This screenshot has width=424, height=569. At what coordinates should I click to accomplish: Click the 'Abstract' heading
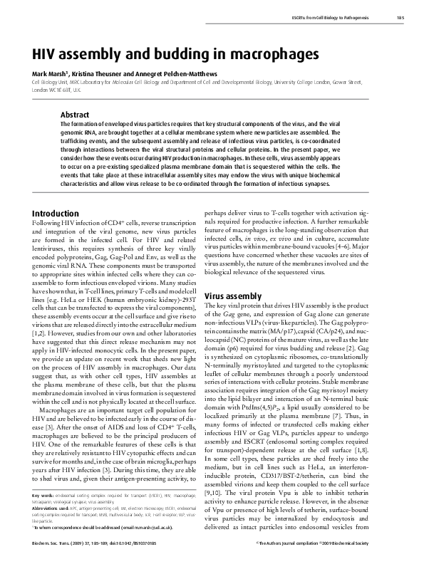point(75,114)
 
